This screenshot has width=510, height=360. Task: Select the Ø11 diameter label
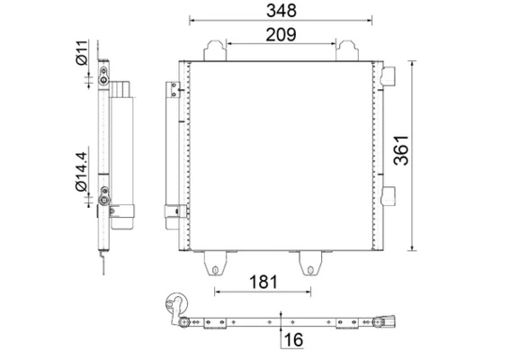point(81,53)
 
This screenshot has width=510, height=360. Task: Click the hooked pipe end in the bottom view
point(177,306)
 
